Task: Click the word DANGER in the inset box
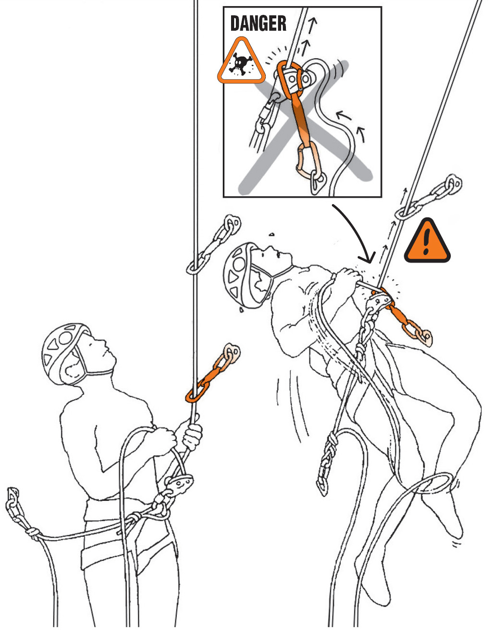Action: (258, 24)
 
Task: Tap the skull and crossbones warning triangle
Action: (241, 61)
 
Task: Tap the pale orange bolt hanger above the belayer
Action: (231, 352)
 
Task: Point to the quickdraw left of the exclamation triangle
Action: (428, 197)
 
